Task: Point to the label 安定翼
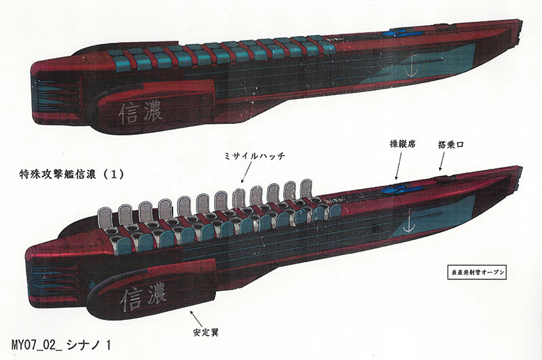pos(209,334)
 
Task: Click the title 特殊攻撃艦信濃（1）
pos(71,174)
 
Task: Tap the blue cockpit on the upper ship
pos(396,33)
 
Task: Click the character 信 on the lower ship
pos(127,298)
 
